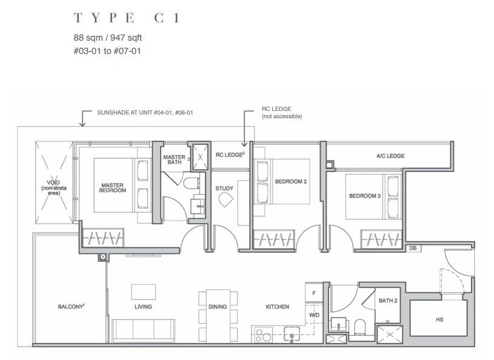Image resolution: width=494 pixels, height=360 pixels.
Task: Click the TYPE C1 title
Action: (x=127, y=18)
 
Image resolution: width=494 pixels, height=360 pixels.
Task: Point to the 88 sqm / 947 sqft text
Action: (x=108, y=38)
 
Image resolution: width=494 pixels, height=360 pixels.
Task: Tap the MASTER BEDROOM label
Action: (x=113, y=188)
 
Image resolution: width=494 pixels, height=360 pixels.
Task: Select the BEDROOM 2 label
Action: (x=291, y=182)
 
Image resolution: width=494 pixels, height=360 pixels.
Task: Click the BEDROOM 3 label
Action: (x=365, y=196)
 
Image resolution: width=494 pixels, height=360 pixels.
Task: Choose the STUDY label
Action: (x=224, y=188)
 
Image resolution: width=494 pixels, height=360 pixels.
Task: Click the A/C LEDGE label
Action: (x=390, y=156)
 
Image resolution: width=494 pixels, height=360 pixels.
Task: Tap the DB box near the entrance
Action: (x=413, y=248)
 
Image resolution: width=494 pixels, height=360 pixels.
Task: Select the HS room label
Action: (x=439, y=319)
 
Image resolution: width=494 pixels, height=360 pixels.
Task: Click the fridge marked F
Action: (x=314, y=293)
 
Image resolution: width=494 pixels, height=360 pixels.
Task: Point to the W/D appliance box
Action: (x=314, y=315)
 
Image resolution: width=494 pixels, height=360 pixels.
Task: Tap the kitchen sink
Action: (x=292, y=335)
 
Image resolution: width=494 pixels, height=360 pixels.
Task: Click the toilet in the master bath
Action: (x=191, y=183)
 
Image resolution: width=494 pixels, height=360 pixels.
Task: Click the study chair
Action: (x=226, y=199)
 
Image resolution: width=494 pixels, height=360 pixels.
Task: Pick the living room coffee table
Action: (x=143, y=292)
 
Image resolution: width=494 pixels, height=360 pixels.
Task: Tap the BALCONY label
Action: (x=71, y=307)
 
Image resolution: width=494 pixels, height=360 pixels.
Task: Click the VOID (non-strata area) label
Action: (x=54, y=188)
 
